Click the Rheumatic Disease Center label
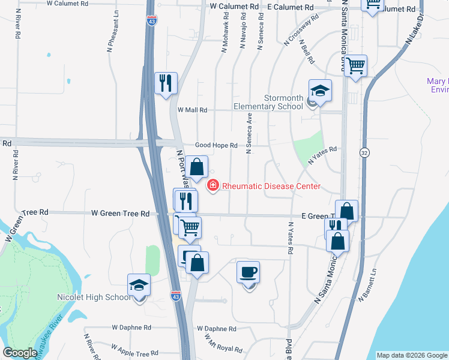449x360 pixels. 271,186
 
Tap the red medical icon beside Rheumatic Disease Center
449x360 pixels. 213,185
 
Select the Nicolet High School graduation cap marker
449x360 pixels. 139,286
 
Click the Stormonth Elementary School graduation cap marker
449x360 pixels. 320,92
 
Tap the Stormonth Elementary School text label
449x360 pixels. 284,102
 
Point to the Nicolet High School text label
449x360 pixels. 93,297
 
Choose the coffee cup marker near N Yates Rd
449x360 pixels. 249,273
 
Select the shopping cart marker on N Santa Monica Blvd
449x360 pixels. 356,66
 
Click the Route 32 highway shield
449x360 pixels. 364,153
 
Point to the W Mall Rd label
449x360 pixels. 192,110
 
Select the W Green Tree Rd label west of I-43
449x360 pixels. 120,213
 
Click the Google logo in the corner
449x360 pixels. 20,353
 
